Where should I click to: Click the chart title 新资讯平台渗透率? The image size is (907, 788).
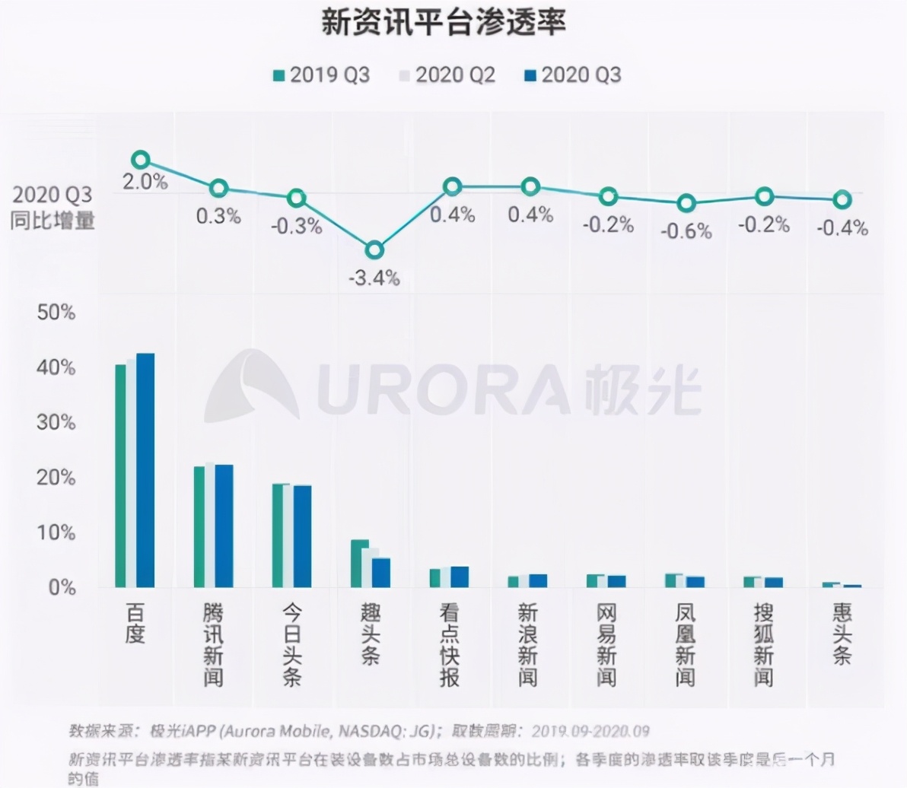[443, 23]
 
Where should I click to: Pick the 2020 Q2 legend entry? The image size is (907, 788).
[447, 75]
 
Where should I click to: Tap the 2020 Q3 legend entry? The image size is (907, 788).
[572, 75]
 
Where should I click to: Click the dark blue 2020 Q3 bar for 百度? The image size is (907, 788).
[145, 470]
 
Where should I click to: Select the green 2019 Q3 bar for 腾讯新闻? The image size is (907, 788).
[199, 526]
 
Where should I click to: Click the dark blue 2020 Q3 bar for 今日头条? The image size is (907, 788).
[302, 535]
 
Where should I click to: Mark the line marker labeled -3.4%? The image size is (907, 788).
[374, 250]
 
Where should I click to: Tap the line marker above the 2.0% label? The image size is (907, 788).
[140, 160]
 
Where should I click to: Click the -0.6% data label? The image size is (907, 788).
[686, 231]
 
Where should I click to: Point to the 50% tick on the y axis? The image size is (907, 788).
[56, 313]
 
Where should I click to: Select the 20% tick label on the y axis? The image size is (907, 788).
[56, 478]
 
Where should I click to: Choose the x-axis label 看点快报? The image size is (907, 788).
[449, 645]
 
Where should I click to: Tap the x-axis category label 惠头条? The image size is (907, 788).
[842, 634]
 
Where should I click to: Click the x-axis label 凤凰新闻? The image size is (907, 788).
[685, 645]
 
